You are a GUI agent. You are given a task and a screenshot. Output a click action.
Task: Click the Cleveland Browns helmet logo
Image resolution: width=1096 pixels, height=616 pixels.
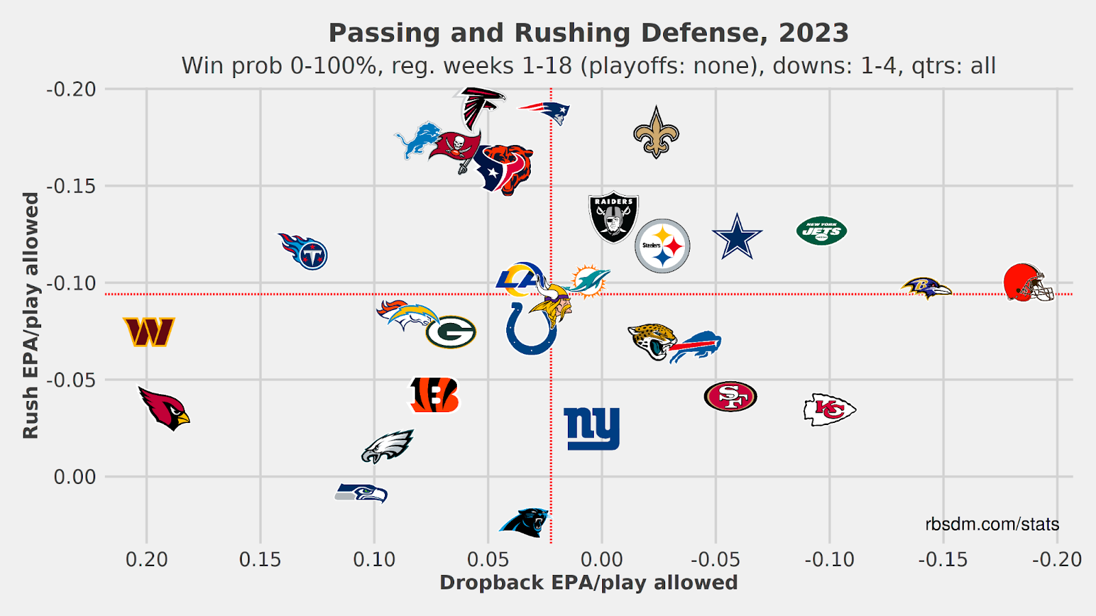click(1027, 282)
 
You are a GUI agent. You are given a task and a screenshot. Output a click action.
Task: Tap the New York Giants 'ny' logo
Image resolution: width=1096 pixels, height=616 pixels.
click(591, 428)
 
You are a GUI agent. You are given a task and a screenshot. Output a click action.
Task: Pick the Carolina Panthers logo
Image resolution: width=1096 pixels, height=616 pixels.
click(524, 522)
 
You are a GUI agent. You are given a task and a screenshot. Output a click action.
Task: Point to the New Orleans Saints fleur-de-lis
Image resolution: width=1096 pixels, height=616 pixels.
click(656, 133)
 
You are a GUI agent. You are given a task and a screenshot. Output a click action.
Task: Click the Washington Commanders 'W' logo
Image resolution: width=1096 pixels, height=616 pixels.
click(149, 332)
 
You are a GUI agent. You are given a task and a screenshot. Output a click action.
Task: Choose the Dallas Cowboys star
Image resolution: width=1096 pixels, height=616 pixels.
click(737, 237)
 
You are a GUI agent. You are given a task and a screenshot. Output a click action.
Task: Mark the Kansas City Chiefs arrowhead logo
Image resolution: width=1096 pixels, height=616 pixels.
click(829, 409)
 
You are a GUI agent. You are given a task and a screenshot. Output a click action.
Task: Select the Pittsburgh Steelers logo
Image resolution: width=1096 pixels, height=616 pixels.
click(662, 246)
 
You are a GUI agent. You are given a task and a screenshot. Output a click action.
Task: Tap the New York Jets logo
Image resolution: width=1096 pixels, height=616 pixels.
click(821, 231)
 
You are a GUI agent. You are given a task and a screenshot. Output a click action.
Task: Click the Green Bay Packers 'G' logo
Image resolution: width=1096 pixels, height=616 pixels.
click(451, 332)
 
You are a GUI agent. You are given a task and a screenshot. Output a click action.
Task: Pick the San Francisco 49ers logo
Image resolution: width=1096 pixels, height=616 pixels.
click(730, 396)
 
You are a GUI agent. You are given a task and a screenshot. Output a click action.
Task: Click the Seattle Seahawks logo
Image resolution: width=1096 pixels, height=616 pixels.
click(361, 492)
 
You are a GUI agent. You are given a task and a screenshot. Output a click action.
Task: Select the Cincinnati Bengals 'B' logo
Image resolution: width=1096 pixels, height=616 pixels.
click(434, 395)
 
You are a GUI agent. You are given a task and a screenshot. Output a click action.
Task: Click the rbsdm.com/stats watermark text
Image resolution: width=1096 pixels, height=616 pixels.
click(991, 524)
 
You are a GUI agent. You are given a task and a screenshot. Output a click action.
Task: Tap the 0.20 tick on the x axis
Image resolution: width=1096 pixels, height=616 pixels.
click(147, 560)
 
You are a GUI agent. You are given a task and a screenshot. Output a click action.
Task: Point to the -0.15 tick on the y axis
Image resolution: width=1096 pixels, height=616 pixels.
click(71, 186)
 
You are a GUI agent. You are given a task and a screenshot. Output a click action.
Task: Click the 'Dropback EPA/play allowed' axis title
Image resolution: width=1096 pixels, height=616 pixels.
click(588, 582)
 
